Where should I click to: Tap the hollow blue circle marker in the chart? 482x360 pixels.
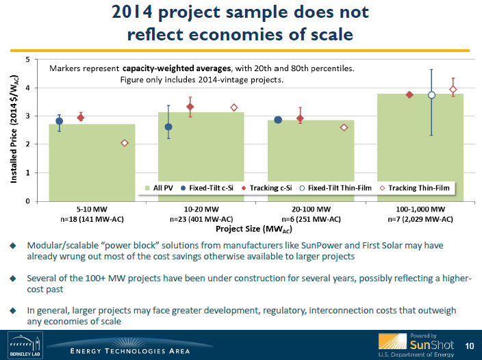coord(431,95)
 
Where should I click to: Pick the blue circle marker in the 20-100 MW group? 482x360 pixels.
coord(278,120)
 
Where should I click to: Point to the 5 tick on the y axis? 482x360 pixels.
coord(27,60)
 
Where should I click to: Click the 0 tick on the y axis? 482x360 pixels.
coord(27,201)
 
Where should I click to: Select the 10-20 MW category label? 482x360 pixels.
coord(201,209)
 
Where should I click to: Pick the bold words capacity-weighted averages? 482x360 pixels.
coord(169,69)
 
